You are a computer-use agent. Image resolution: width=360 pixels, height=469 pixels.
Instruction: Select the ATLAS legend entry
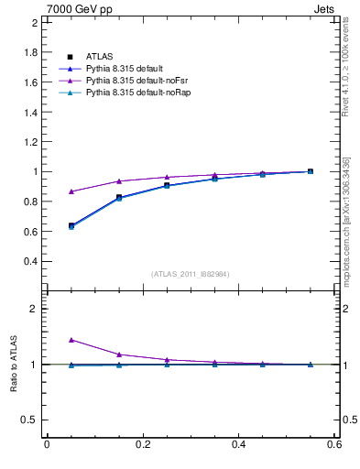click(x=98, y=57)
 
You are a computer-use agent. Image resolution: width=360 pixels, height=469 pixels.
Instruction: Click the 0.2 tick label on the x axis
click(x=142, y=445)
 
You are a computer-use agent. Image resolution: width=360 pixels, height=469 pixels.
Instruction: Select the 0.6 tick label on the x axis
click(x=334, y=445)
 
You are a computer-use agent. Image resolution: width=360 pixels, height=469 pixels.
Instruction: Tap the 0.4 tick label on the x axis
click(x=238, y=445)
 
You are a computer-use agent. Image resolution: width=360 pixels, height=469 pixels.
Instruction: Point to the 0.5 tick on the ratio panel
click(x=32, y=420)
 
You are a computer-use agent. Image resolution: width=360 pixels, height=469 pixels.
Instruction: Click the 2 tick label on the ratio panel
click(x=35, y=309)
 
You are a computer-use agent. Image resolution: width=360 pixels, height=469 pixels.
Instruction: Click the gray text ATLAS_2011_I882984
click(x=190, y=273)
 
